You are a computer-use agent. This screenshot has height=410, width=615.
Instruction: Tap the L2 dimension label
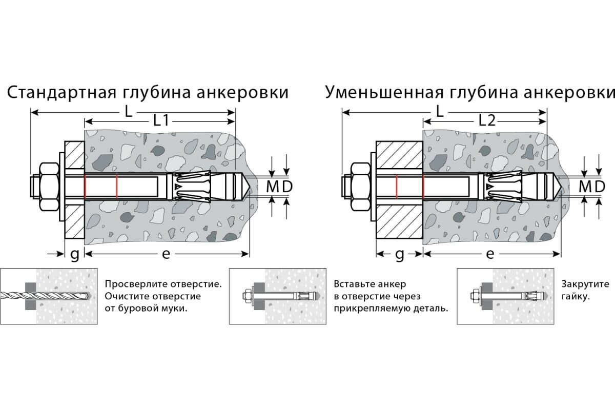[486, 120]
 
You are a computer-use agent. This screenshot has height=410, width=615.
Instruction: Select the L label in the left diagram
[128, 110]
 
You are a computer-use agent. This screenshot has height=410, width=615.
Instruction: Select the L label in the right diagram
[439, 110]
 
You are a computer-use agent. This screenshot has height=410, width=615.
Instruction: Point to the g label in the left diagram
[74, 254]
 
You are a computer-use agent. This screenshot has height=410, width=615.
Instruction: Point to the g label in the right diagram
[400, 254]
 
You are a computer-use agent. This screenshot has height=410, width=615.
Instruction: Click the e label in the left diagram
[166, 254]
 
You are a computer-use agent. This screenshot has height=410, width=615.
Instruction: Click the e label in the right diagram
[490, 254]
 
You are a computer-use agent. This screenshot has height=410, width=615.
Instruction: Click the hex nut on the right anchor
[359, 187]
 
